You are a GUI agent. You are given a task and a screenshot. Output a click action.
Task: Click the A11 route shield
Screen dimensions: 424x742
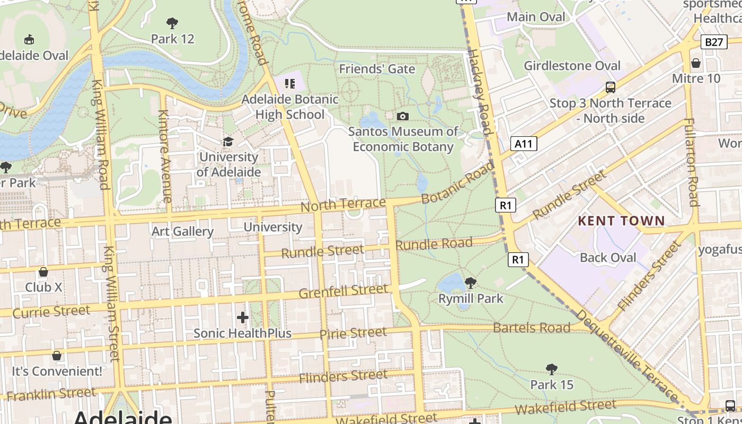click(524, 144)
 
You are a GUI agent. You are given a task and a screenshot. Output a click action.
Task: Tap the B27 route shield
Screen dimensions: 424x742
click(714, 42)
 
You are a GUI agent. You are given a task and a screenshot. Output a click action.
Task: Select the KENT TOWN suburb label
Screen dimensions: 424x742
click(621, 220)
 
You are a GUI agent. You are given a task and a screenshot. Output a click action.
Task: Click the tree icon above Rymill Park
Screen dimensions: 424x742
click(470, 282)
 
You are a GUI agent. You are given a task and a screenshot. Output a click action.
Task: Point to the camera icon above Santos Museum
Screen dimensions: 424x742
click(403, 116)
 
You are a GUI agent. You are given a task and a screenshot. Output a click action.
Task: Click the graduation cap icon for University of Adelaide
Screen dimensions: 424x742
click(228, 142)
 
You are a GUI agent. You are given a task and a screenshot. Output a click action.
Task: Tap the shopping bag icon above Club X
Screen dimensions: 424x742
click(43, 272)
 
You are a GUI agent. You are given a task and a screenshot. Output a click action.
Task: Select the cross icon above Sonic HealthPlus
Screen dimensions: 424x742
click(243, 317)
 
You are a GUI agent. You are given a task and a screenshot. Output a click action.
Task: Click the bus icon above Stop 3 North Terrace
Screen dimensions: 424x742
click(611, 87)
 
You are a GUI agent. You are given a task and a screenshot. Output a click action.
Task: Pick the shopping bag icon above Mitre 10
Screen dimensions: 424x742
click(696, 63)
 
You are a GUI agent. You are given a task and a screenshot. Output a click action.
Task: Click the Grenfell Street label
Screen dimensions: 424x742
click(343, 291)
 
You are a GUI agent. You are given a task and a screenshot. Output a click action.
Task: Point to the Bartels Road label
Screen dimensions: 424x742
click(531, 328)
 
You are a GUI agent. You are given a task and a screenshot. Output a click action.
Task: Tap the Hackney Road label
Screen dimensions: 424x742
click(479, 92)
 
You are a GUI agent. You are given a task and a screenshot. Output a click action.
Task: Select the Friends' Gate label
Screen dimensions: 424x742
click(377, 69)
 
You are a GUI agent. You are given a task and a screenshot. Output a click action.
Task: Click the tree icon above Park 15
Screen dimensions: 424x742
click(552, 369)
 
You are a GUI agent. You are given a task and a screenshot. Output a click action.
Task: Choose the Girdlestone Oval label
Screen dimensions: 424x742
click(572, 66)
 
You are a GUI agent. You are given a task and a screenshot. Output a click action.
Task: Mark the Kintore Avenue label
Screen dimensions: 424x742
click(165, 156)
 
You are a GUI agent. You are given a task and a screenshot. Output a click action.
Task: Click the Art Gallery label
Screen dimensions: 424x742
click(182, 231)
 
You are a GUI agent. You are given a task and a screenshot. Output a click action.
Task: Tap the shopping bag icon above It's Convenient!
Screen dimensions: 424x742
click(57, 355)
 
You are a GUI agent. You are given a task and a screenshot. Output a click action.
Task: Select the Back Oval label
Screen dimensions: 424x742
click(608, 258)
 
